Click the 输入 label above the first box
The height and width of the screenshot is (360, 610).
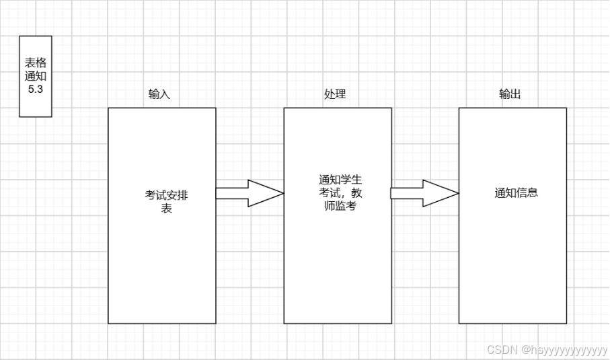(159, 94)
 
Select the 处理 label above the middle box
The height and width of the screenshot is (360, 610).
(335, 94)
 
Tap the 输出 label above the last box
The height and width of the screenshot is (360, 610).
(510, 94)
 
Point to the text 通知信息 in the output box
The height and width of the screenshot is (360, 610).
(516, 193)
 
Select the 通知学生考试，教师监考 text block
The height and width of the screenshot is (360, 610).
(340, 193)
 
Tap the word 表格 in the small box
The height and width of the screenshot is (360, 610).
(36, 63)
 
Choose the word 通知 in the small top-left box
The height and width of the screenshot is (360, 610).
(36, 76)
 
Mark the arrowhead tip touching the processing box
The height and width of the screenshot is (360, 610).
(282, 194)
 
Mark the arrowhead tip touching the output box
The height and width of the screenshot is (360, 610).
(457, 194)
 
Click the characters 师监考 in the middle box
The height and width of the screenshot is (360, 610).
(340, 206)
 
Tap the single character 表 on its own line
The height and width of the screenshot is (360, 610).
(166, 209)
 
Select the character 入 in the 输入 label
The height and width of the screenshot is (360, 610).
(165, 94)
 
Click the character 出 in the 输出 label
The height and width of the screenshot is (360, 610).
(515, 94)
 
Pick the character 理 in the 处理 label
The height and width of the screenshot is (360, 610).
(340, 94)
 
